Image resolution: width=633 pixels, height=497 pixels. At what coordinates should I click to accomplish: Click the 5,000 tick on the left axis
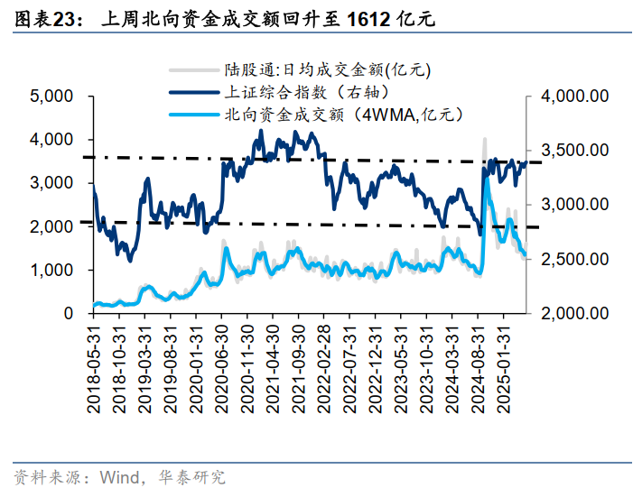pos(53,96)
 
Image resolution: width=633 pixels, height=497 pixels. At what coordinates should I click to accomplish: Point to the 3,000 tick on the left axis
pos(53,182)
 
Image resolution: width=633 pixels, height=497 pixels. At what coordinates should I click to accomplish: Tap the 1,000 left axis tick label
pos(53,270)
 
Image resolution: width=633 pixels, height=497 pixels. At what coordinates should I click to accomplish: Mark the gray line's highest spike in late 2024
pos(485,140)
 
